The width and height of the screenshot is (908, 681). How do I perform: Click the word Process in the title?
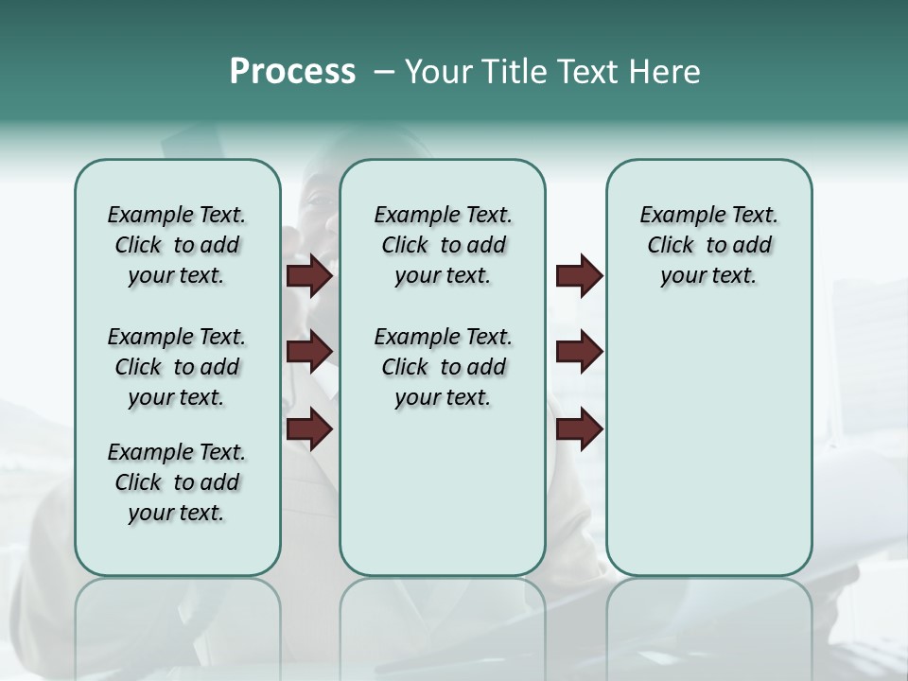(x=292, y=72)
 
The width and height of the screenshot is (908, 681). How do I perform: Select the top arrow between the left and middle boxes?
(x=309, y=276)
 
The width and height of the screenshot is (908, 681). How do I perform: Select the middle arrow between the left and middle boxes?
(x=309, y=352)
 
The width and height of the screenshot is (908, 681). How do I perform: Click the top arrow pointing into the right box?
(x=579, y=276)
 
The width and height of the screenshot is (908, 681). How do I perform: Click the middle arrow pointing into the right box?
(x=579, y=352)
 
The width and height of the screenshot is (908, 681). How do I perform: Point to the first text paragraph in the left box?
(x=177, y=245)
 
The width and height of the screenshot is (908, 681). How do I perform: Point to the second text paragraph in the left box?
(x=177, y=367)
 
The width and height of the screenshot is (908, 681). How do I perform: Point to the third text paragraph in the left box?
(x=177, y=482)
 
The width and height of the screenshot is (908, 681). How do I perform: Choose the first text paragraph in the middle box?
(x=443, y=245)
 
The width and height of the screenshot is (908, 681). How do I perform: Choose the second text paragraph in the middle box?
(x=443, y=367)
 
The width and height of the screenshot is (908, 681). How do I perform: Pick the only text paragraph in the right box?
(x=708, y=245)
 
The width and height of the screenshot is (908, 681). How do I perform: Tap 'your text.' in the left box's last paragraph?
(x=176, y=513)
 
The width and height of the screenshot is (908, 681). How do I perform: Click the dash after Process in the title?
(x=383, y=73)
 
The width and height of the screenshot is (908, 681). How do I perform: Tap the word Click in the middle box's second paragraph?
(x=405, y=367)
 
